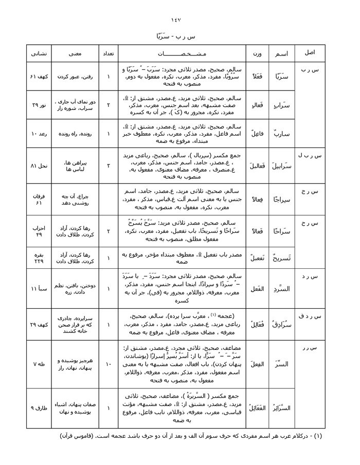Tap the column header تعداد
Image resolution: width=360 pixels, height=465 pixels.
109,53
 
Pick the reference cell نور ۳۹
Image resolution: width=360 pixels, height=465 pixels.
39,105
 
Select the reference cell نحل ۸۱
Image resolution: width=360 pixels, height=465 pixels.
39,166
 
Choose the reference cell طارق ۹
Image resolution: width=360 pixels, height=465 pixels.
39,408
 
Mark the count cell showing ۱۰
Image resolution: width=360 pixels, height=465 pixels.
109,364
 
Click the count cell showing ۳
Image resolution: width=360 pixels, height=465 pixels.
109,166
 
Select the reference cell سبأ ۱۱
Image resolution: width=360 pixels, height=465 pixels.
39,289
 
